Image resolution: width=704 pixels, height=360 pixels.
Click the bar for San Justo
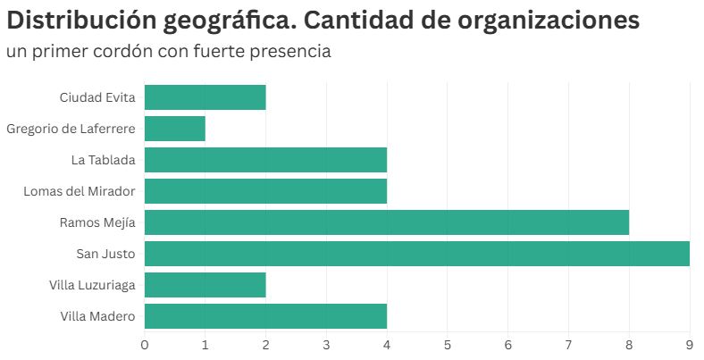416,254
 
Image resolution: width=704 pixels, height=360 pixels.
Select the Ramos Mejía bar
386,222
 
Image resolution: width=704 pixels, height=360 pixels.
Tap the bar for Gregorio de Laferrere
174,129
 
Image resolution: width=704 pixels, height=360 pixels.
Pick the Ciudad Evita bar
205,97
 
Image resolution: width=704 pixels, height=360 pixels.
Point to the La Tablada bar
265,160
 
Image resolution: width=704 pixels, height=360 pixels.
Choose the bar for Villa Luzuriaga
205,285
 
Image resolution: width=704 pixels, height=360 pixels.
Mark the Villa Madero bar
265,316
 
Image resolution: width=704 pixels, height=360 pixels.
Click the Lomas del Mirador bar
265,191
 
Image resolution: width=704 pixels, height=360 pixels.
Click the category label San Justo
105,254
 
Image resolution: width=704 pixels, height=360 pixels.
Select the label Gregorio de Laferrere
71,129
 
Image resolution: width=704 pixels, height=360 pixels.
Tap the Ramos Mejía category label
97,222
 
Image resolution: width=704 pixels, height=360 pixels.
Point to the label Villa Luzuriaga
93,285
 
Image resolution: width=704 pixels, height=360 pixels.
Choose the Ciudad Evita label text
97,97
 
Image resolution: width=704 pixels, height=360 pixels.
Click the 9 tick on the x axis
689,344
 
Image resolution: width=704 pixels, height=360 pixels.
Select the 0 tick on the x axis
145,344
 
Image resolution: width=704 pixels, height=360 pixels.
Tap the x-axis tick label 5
447,344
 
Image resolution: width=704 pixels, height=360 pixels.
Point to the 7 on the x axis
568,344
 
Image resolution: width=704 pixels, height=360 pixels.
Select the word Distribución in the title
87,21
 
